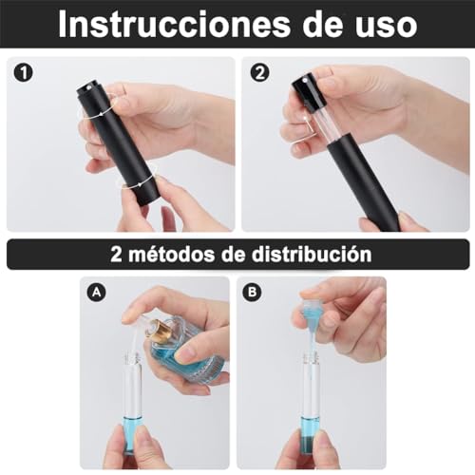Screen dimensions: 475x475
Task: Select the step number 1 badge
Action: pyautogui.click(x=23, y=72)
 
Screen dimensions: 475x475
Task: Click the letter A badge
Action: pyautogui.click(x=95, y=294)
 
